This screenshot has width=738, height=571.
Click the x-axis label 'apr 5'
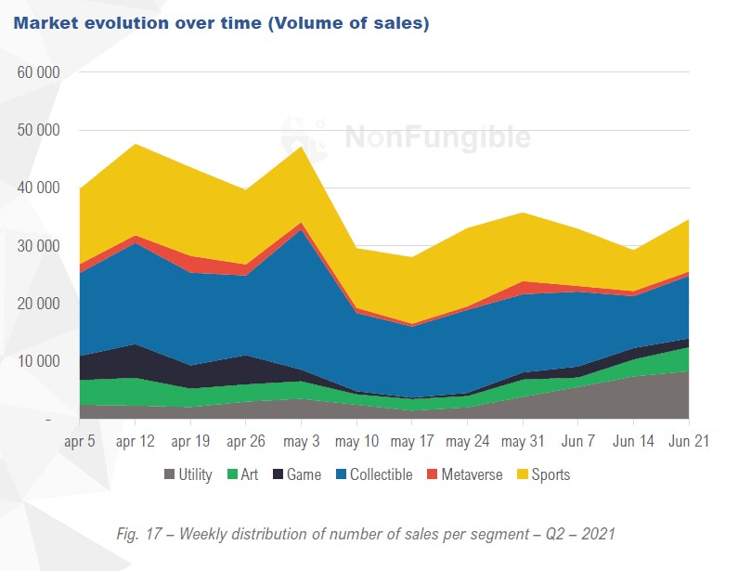pyautogui.click(x=80, y=443)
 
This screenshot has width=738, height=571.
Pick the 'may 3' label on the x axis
pyautogui.click(x=302, y=443)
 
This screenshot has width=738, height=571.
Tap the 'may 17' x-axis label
pyautogui.click(x=412, y=443)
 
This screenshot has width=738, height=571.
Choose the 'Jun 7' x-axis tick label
pyautogui.click(x=578, y=443)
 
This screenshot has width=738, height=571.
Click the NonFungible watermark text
pyautogui.click(x=437, y=138)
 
